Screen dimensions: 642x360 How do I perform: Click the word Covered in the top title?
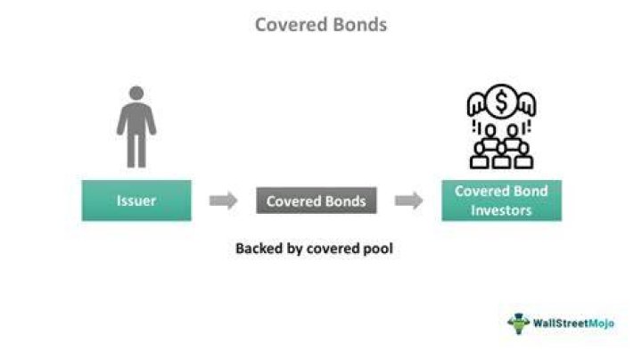point(290,25)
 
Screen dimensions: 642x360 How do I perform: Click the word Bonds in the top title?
point(359,25)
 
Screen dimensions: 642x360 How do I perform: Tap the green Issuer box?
point(136,200)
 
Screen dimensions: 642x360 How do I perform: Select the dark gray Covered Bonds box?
point(316,200)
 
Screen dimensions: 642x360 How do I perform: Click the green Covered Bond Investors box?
point(501,200)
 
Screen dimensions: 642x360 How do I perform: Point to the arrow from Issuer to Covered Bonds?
point(223,200)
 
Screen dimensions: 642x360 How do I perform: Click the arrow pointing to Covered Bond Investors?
point(408,200)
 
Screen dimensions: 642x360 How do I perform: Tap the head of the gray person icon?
point(136,93)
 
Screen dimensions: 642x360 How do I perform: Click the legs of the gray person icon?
point(136,151)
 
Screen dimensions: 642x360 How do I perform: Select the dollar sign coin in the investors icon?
point(501,102)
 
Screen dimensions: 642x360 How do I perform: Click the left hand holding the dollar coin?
point(476,103)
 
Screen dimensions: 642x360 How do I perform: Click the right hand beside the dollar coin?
point(527,103)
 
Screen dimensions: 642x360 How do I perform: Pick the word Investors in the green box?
point(501,210)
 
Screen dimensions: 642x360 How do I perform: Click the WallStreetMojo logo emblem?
point(519,323)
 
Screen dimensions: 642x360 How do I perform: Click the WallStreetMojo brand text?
point(573,323)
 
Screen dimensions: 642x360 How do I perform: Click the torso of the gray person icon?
point(136,119)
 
